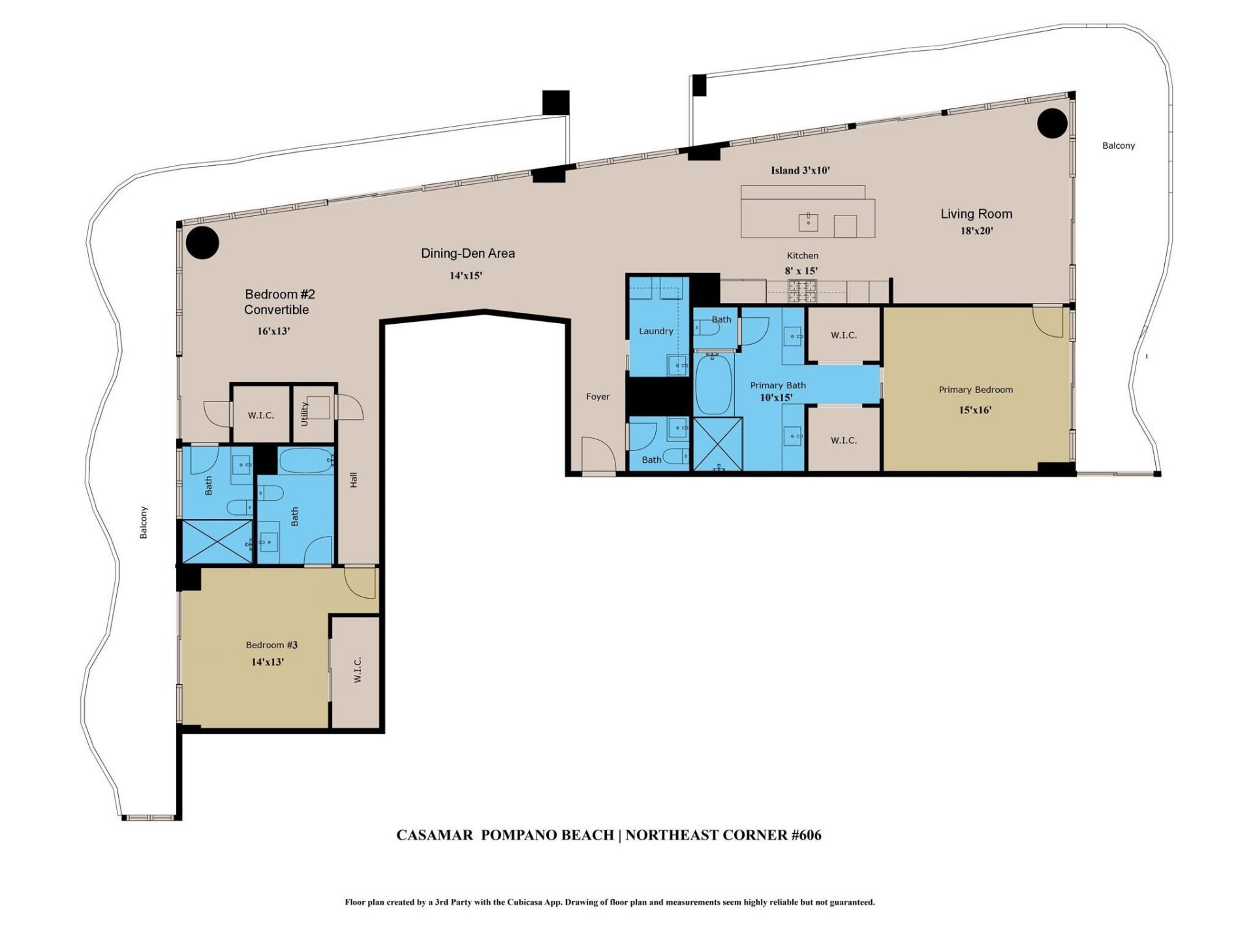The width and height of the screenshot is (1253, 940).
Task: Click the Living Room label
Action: click(x=976, y=213)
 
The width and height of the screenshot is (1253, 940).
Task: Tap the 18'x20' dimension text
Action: click(x=976, y=231)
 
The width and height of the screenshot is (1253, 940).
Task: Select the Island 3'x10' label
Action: click(x=800, y=170)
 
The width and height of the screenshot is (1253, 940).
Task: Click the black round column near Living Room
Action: click(x=1052, y=123)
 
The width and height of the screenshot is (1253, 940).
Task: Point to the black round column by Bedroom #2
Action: click(x=202, y=243)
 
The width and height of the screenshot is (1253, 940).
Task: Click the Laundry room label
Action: click(x=656, y=331)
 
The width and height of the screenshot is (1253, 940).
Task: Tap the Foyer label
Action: click(x=598, y=396)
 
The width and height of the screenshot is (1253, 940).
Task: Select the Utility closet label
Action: click(x=305, y=414)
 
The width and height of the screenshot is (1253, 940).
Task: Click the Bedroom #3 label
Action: click(x=271, y=645)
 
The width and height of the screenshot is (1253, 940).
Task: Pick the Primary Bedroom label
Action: click(x=976, y=390)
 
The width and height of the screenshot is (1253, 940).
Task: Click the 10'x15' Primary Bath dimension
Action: click(x=776, y=398)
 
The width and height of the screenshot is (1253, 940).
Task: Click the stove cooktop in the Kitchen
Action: click(x=802, y=291)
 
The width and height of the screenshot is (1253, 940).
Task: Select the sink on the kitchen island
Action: click(x=809, y=222)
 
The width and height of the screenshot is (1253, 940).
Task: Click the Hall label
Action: click(x=354, y=480)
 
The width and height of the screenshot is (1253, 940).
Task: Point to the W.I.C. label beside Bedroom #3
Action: click(x=358, y=670)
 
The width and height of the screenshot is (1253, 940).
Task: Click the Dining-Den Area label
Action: click(x=468, y=253)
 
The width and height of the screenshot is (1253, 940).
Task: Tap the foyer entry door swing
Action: click(x=596, y=454)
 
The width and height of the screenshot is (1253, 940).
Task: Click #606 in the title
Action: click(x=806, y=835)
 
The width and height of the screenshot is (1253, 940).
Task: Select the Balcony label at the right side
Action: click(x=1119, y=146)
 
